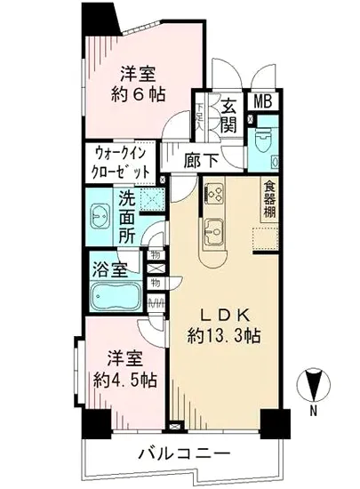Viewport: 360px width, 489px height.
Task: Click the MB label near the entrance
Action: pyautogui.click(x=264, y=102)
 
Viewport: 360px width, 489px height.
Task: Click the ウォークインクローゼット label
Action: pyautogui.click(x=120, y=163)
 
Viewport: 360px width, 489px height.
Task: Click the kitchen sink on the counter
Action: pyautogui.click(x=214, y=233)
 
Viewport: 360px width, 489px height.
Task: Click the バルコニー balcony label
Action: pyautogui.click(x=184, y=454)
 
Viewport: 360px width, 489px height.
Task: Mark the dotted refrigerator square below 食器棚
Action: pyautogui.click(x=265, y=239)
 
